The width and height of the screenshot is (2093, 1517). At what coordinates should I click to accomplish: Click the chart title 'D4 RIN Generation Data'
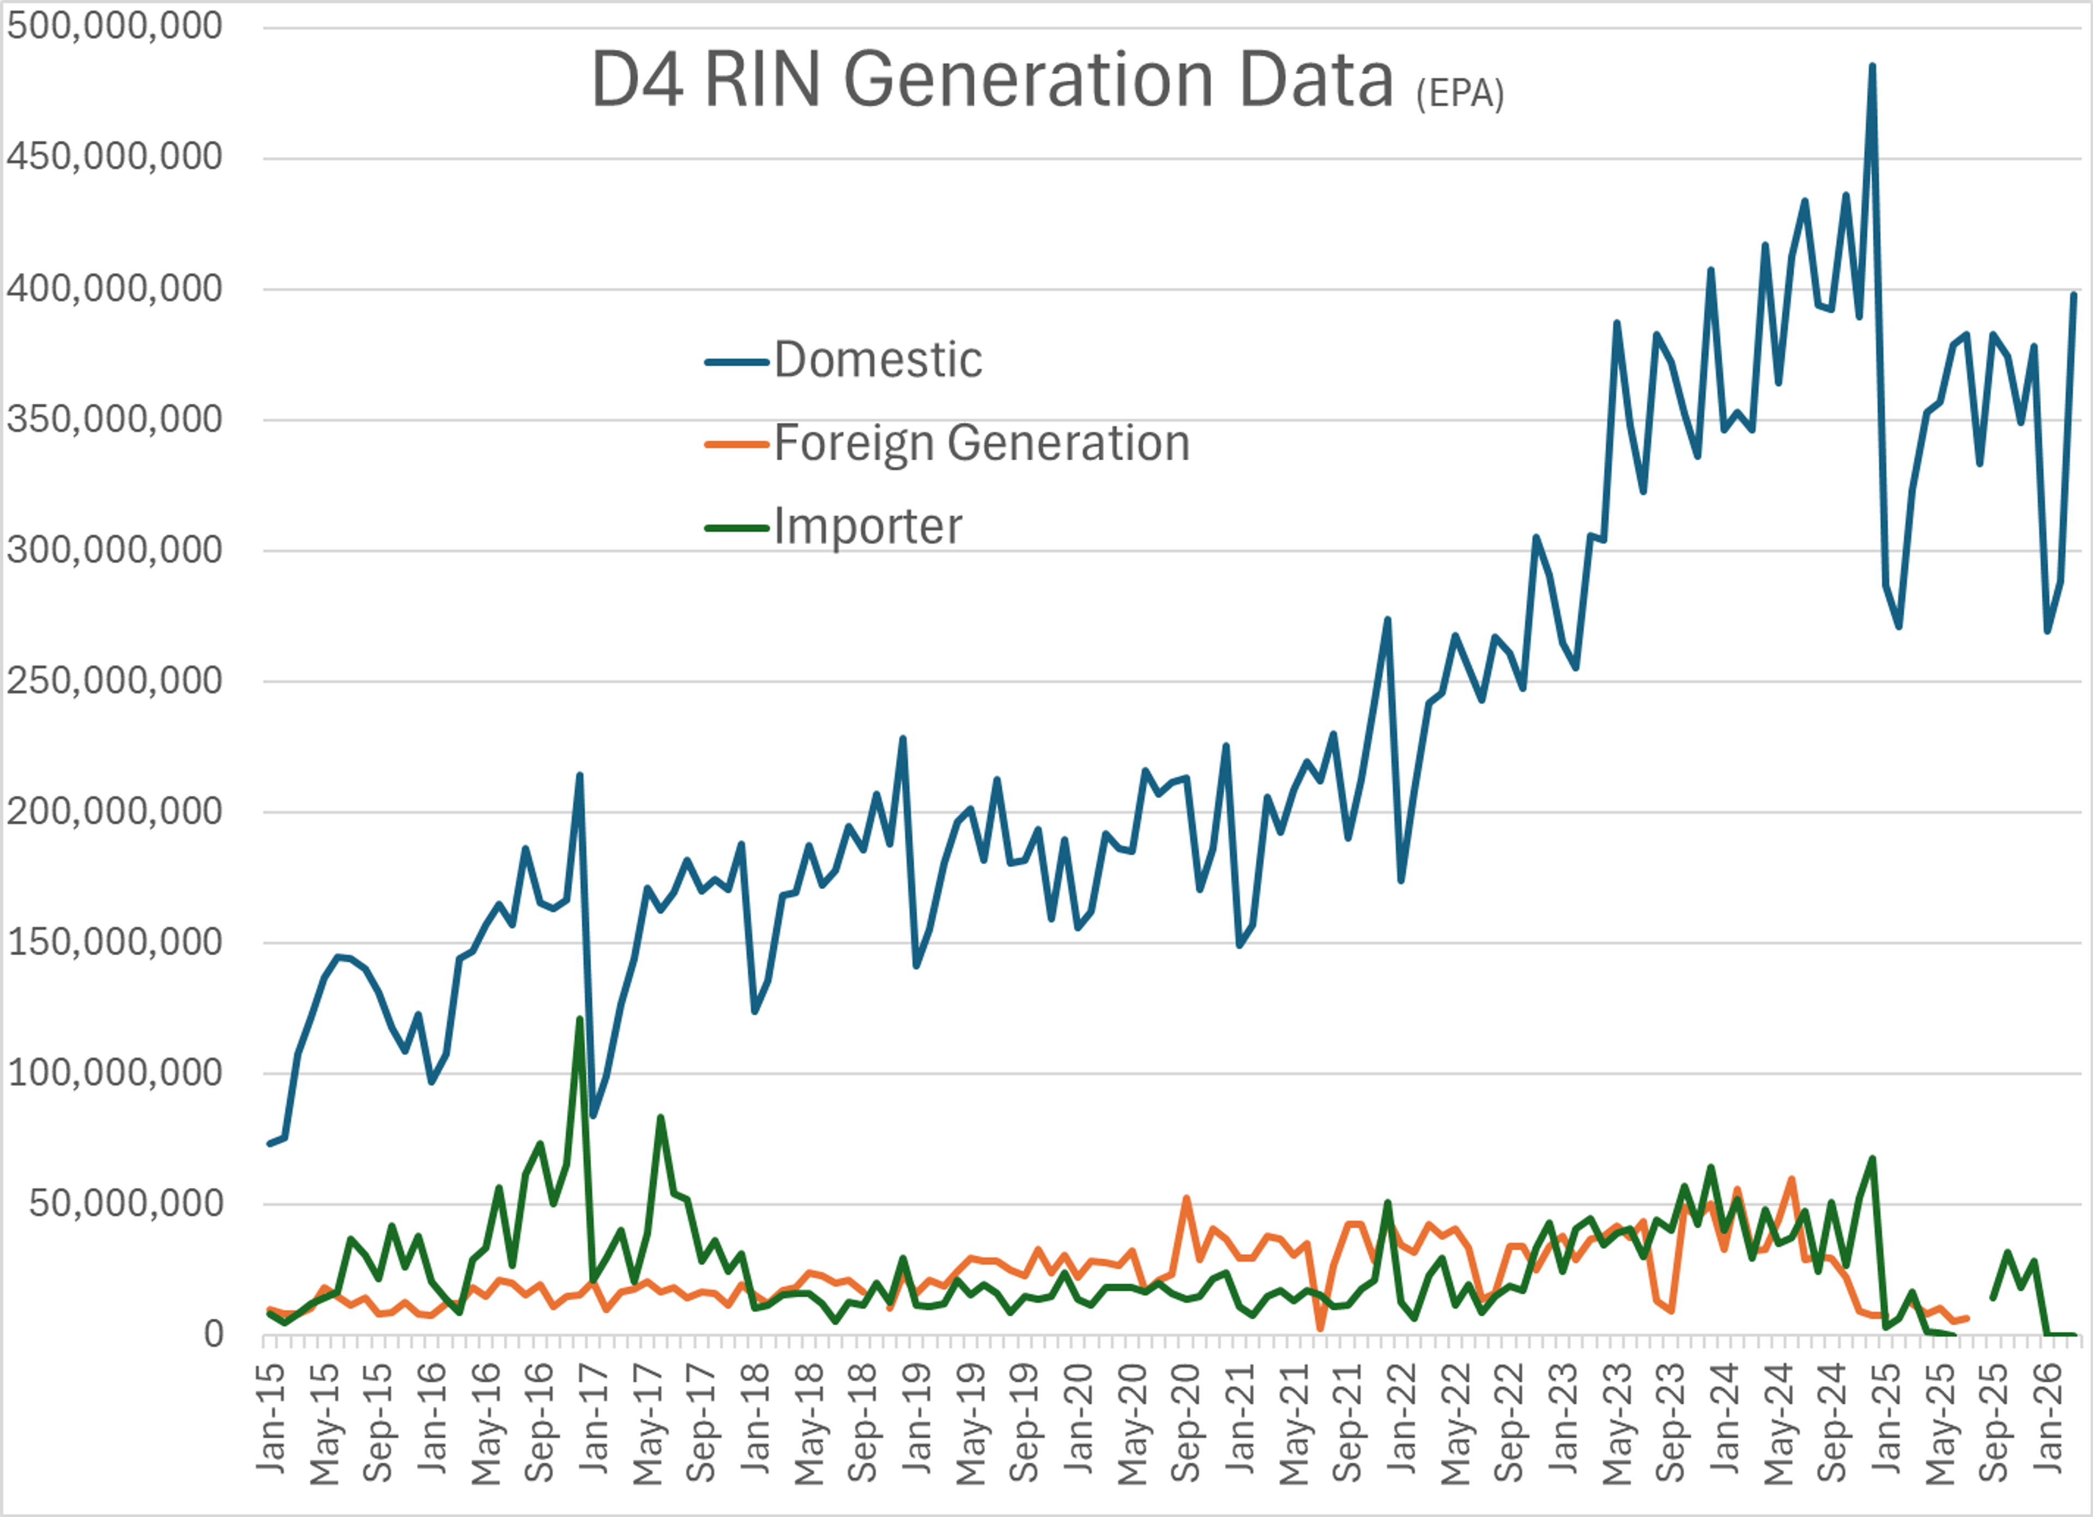click(992, 80)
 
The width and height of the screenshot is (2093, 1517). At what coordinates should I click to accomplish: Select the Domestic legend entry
click(876, 360)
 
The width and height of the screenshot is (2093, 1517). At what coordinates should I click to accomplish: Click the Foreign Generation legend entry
click(981, 443)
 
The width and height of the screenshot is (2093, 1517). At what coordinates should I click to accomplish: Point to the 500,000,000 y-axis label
click(114, 26)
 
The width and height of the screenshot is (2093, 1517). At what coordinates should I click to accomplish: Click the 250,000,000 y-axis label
click(114, 681)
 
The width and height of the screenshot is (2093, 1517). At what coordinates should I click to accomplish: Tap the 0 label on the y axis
click(213, 1334)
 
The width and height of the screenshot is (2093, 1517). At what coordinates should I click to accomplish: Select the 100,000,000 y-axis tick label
click(114, 1073)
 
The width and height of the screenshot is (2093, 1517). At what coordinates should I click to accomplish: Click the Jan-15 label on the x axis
click(270, 1416)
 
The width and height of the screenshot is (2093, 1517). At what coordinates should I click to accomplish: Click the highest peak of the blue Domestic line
click(1872, 66)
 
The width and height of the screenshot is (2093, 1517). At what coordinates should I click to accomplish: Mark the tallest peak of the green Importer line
click(579, 1019)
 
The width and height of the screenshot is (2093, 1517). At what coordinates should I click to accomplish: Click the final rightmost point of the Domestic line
click(2073, 295)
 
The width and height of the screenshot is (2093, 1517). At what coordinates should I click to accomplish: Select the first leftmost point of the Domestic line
click(269, 1143)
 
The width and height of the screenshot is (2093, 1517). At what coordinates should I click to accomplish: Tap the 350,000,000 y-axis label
click(114, 420)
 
